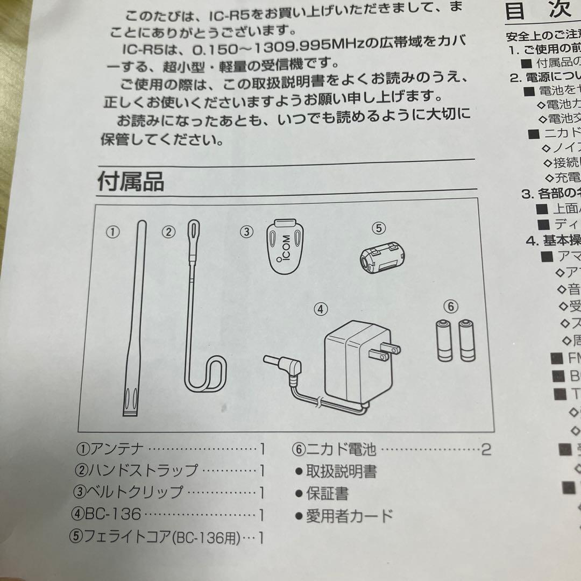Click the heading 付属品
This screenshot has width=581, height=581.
pos(131,181)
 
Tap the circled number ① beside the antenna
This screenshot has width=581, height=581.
pos(112,232)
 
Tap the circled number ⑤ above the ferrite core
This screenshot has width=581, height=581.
pos(379,228)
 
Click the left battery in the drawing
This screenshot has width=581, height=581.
pos(444,340)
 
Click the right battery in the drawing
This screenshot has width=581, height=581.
pos(467,340)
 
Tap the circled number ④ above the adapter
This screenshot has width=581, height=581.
pos(320,309)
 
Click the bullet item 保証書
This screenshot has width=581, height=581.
pos(327,493)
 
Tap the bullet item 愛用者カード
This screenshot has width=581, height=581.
pos(349,516)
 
